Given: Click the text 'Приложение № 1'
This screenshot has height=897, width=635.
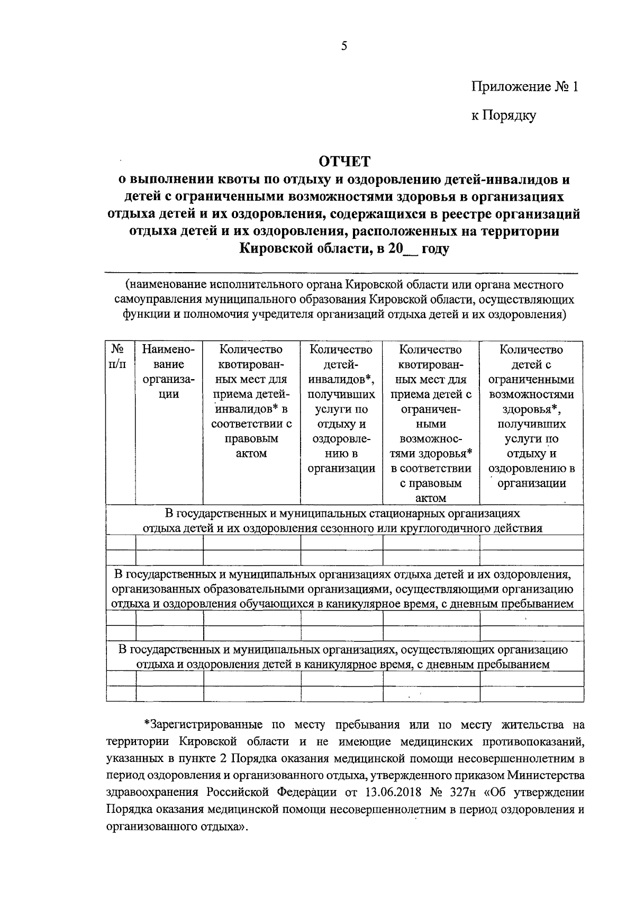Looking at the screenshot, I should click(x=525, y=86).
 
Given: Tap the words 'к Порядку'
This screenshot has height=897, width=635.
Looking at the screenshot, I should click(x=504, y=115).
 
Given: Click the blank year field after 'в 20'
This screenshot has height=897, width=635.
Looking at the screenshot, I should click(x=411, y=249).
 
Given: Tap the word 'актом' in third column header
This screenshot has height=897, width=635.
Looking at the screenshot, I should click(x=251, y=454).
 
